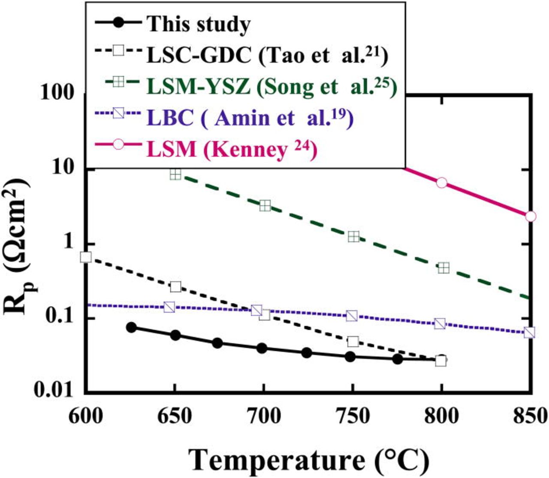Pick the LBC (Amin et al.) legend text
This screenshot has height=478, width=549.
click(x=249, y=117)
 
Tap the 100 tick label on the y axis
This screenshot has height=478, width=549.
click(x=60, y=93)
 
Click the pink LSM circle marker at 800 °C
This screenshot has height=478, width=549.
click(x=441, y=183)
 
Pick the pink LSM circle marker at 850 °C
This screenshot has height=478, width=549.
click(x=531, y=216)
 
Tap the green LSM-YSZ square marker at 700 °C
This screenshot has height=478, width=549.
click(x=265, y=206)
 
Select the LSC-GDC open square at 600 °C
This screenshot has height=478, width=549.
click(x=86, y=257)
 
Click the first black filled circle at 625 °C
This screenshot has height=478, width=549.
click(x=131, y=327)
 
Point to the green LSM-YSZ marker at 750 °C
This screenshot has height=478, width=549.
click(x=353, y=237)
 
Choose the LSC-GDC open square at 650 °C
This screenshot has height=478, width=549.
click(x=175, y=286)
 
